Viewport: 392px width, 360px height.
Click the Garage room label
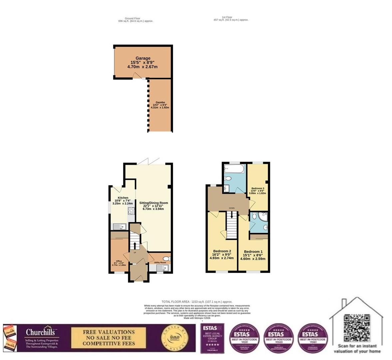143,58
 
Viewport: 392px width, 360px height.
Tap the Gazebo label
160,102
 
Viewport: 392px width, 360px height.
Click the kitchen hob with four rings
131,211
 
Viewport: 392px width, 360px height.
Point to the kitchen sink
119,227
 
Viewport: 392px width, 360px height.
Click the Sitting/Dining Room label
154,203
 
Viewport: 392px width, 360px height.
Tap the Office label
119,261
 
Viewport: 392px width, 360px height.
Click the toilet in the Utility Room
167,258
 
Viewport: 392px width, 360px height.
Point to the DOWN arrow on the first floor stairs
232,215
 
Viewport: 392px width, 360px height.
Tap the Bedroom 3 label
258,188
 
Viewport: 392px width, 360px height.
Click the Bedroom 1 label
253,252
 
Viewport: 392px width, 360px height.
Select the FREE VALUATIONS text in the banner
109,332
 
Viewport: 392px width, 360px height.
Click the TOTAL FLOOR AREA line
197,302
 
